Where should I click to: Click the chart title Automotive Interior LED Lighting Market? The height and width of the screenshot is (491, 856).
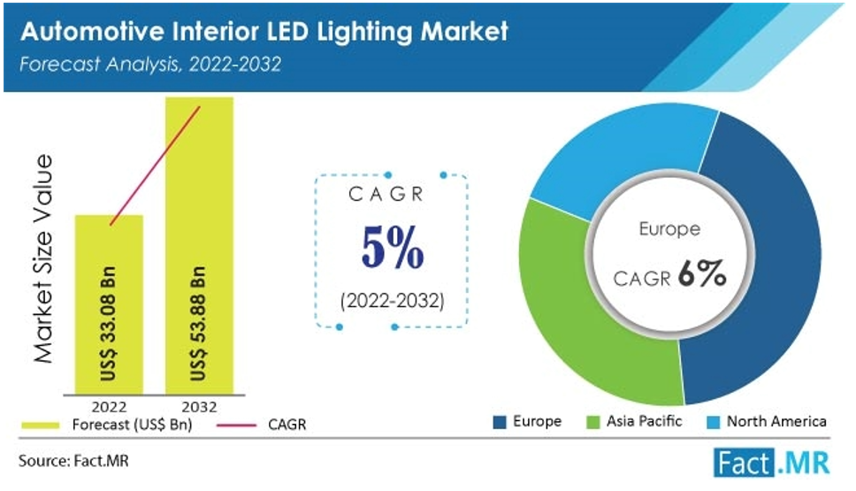[264, 31]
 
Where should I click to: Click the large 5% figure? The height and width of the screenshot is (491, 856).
[392, 251]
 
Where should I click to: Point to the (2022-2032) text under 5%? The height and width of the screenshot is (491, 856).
[392, 301]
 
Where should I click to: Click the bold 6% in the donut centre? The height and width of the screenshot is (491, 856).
[703, 276]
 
